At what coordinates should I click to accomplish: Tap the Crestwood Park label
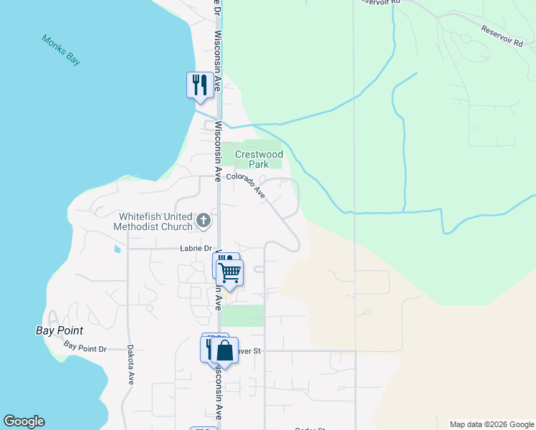click(259, 159)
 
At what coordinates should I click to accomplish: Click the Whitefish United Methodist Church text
click(153, 221)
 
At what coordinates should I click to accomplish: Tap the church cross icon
click(204, 221)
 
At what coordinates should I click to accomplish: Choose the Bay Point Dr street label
click(85, 348)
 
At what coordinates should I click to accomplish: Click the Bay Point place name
click(59, 331)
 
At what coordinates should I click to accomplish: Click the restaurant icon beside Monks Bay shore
click(198, 85)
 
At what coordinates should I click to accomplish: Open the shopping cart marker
click(230, 272)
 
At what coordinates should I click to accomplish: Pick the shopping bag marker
click(224, 350)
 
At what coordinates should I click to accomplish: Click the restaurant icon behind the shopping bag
click(209, 348)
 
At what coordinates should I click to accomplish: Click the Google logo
click(24, 422)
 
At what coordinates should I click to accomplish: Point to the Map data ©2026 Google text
click(491, 424)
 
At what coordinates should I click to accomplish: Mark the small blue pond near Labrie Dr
click(116, 250)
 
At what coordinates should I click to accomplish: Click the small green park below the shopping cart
click(241, 315)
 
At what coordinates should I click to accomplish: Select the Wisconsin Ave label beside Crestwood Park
click(217, 143)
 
